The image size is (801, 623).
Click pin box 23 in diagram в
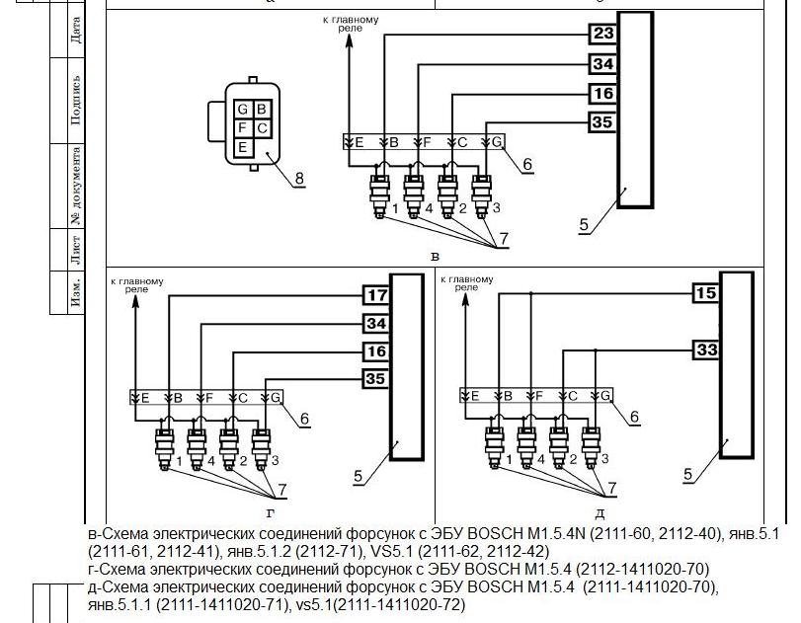tap(603, 34)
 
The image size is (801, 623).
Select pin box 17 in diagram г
tap(377, 295)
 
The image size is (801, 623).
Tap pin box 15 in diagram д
tap(706, 293)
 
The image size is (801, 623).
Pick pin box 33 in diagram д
tap(706, 350)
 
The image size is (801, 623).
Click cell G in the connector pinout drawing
tap(243, 109)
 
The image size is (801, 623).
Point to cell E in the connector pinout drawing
tap(243, 147)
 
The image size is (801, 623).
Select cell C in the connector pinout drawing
tap(262, 127)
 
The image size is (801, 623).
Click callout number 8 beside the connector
tap(299, 179)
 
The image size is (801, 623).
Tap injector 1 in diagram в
tap(379, 196)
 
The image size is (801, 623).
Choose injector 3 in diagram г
tap(261, 449)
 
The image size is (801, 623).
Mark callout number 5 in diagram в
tap(584, 225)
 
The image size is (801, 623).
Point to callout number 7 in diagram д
tap(612, 488)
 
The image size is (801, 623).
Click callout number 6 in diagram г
tap(304, 419)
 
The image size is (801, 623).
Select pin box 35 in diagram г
tap(377, 379)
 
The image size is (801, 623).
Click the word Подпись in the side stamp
tap(76, 100)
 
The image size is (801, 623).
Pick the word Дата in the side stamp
tap(76, 31)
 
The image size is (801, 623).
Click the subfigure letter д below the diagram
tap(600, 513)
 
